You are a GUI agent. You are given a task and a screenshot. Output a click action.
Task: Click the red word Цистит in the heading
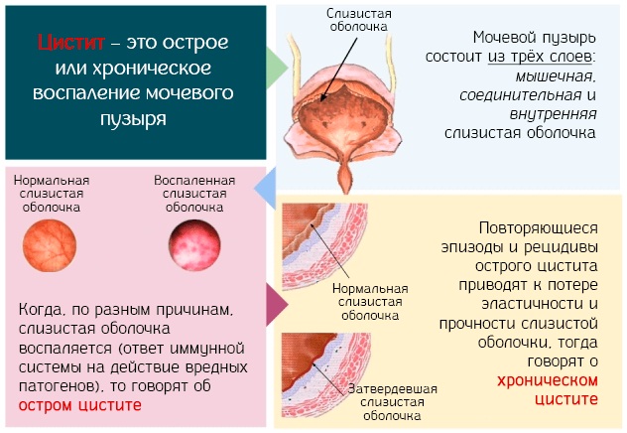tap(71, 42)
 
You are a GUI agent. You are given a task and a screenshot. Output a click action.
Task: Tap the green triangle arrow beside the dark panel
tap(277, 68)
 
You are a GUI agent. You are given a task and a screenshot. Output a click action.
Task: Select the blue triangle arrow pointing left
tap(265, 188)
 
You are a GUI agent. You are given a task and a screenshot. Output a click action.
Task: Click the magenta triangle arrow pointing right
tap(277, 305)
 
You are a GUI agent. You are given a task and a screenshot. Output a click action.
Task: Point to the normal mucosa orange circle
tap(50, 245)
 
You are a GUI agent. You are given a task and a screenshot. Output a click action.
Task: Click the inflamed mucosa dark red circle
tap(194, 245)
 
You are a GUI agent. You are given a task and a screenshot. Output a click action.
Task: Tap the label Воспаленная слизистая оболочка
tap(194, 194)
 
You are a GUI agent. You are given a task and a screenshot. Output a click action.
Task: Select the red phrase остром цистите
tap(80, 405)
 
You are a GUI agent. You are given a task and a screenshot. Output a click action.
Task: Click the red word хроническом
tap(548, 380)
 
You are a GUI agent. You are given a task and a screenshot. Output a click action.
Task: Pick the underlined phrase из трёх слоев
tap(540, 57)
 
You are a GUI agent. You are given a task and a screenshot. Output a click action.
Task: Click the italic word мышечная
tap(556, 76)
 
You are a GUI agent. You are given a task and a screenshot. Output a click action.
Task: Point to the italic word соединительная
tap(521, 95)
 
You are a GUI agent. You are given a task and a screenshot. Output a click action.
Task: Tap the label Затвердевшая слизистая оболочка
tap(392, 402)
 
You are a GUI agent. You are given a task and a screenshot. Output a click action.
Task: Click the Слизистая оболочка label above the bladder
tap(359, 20)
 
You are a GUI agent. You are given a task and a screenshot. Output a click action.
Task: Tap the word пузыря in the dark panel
tap(133, 119)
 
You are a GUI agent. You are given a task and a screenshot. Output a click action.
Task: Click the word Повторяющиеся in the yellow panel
tap(539, 228)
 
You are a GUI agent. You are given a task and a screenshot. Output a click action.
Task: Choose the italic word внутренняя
tap(553, 114)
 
